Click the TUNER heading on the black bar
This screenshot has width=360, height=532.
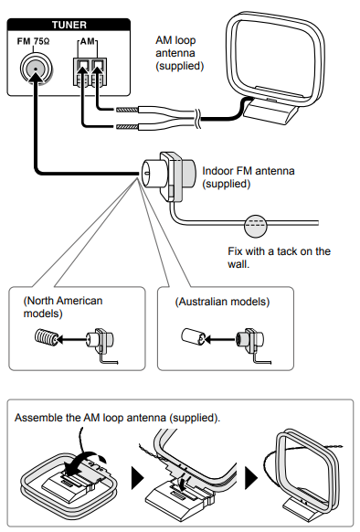69,25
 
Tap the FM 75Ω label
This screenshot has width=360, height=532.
33,41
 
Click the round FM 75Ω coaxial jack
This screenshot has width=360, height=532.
36,69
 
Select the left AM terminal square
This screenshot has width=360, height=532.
82,65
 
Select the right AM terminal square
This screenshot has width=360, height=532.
98,65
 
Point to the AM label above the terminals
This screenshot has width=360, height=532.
87,41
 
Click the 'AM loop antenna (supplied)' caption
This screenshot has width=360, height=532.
180,53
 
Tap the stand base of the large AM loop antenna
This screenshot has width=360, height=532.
270,112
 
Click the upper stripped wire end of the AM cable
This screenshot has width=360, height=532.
127,110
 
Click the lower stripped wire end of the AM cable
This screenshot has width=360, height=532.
127,127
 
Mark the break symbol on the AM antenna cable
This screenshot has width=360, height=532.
197,119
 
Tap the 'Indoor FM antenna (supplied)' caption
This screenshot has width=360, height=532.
249,177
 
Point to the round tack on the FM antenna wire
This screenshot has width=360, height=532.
256,225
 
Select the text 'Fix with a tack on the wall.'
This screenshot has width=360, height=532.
279,258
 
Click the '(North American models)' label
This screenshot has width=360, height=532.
63,307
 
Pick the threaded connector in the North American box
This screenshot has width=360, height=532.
46,337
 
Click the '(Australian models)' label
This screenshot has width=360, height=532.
222,302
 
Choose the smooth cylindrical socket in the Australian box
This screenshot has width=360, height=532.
193,337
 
